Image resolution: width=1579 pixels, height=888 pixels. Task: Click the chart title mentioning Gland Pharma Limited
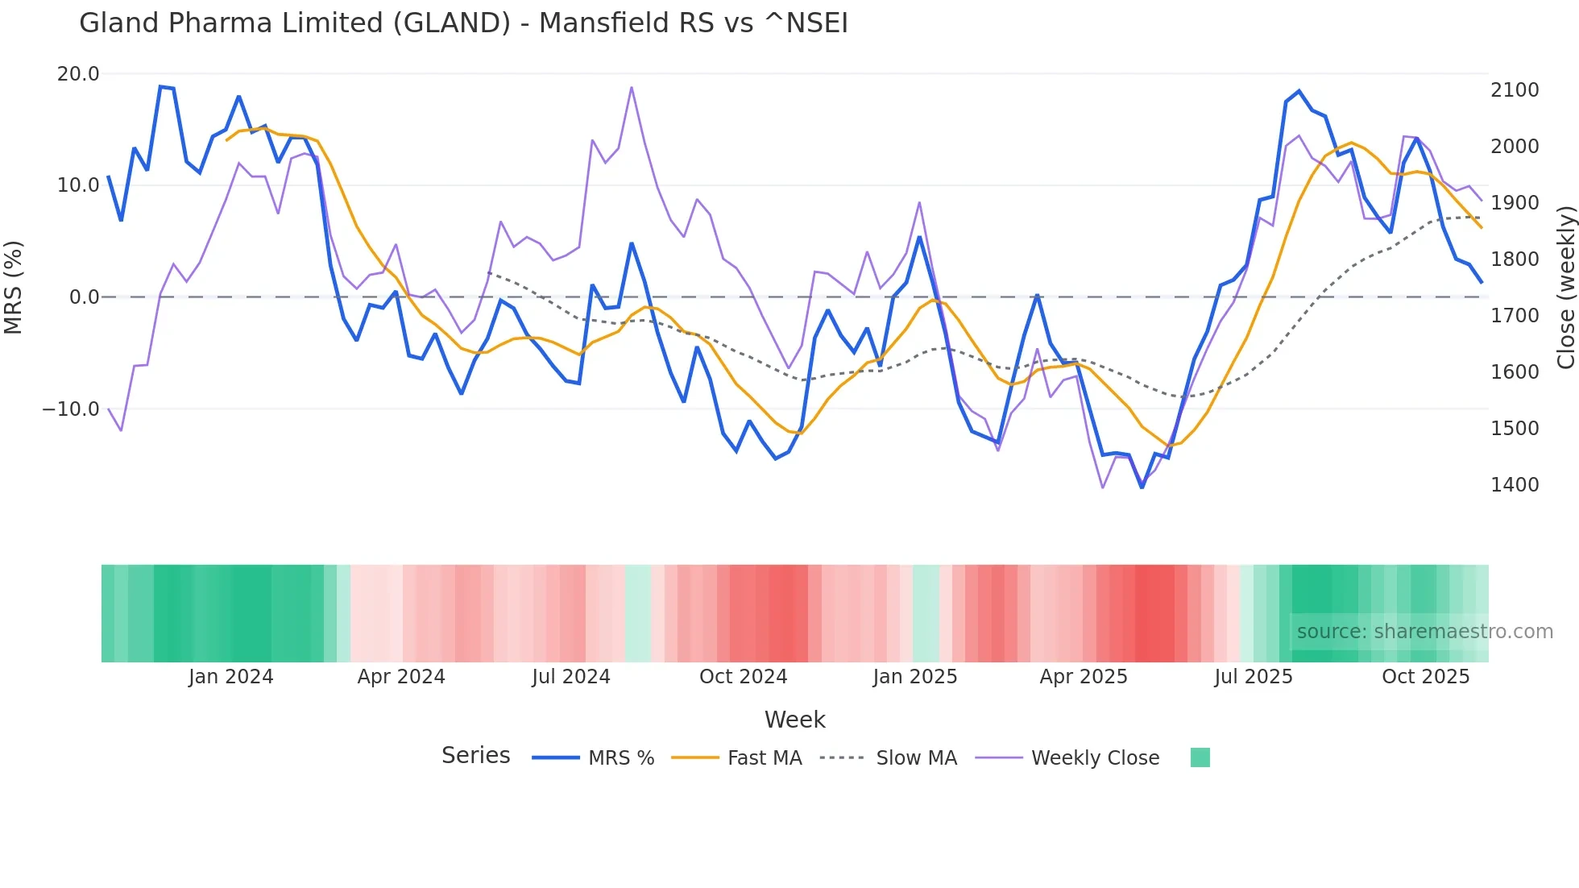coord(463,23)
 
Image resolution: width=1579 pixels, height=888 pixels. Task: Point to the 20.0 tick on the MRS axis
coord(78,74)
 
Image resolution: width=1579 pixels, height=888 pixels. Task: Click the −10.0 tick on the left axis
coord(71,409)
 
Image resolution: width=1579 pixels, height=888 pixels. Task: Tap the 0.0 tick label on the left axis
coord(84,297)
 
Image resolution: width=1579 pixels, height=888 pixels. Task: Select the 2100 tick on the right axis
coord(1515,90)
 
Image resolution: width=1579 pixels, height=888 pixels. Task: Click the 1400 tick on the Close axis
coord(1515,485)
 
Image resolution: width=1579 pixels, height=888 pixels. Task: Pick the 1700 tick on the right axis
coord(1515,316)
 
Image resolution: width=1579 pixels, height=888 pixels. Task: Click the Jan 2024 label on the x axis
coord(231,677)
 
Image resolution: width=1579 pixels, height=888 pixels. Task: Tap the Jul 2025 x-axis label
coord(1254,677)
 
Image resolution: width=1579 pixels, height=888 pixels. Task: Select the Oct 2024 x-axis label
coord(743,677)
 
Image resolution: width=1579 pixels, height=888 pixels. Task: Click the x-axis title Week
coord(794,720)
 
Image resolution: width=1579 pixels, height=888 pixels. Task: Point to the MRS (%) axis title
coord(14,287)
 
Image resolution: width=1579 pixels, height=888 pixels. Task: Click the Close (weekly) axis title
coord(1565,287)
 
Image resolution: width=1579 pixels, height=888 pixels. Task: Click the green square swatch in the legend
coord(1200,757)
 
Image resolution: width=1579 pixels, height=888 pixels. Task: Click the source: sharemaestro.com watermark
coord(1424,632)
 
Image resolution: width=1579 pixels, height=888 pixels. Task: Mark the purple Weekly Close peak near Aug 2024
coord(632,88)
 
